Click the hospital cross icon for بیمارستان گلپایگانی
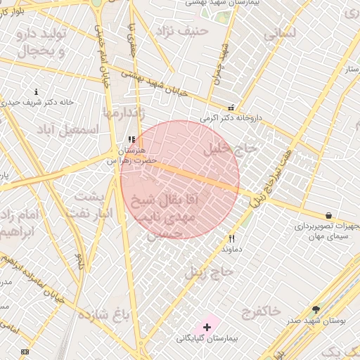pos(207,327)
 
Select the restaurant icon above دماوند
pos(231,238)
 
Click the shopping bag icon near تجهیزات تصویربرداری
pos(329,215)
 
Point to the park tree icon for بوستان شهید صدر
pos(316,309)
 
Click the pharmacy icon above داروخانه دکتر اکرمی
pos(231,108)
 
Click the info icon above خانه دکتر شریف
pos(37,92)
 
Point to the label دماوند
pos(231,249)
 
